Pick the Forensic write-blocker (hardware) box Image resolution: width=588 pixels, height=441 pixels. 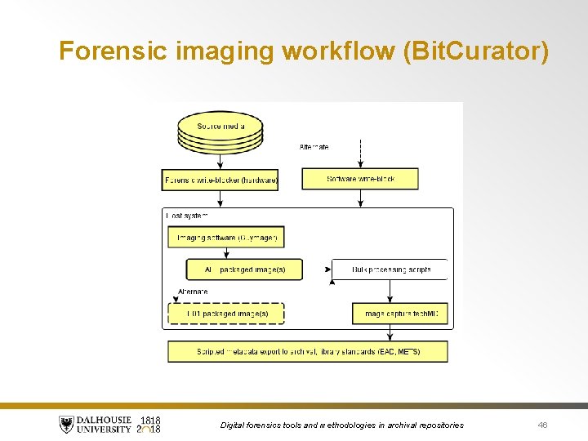pos(220,180)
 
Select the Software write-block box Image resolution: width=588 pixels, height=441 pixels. pos(360,179)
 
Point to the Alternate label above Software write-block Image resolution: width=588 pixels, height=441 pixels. pos(314,147)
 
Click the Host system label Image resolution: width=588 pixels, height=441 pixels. pos(187,216)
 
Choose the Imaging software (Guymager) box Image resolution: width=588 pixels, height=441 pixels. pos(226,238)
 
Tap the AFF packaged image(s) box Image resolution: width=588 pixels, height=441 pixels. pos(244,269)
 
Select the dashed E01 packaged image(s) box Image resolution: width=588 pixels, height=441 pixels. pos(226,314)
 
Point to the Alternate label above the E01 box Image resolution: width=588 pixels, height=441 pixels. pos(193,292)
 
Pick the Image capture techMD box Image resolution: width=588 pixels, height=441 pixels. pos(400,314)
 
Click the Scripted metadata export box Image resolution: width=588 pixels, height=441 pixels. pos(308,352)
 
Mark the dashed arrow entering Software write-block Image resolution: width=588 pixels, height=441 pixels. pos(360,154)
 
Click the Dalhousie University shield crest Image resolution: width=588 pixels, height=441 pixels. pos(66,425)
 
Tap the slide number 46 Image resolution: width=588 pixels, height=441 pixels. pos(543,425)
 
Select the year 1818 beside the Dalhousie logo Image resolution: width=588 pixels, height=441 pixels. pos(149,420)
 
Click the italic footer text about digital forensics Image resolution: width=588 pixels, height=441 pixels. pos(342,425)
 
